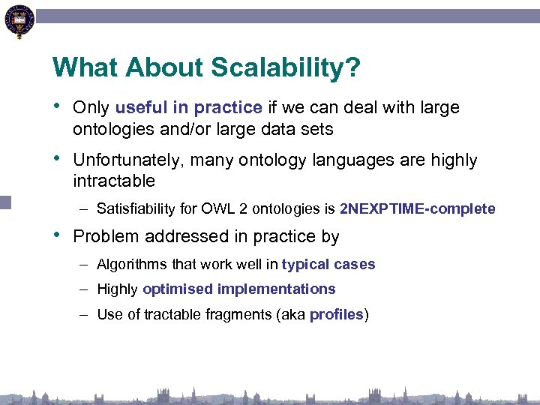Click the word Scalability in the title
(x=274, y=69)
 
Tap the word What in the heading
(x=85, y=69)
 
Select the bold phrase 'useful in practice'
(x=189, y=108)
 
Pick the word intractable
(x=114, y=181)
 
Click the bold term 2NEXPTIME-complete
(x=418, y=208)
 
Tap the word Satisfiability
(x=138, y=208)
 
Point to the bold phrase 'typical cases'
(x=328, y=265)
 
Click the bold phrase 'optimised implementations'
(x=238, y=289)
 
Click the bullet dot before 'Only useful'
(x=57, y=107)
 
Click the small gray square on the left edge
(x=5, y=202)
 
